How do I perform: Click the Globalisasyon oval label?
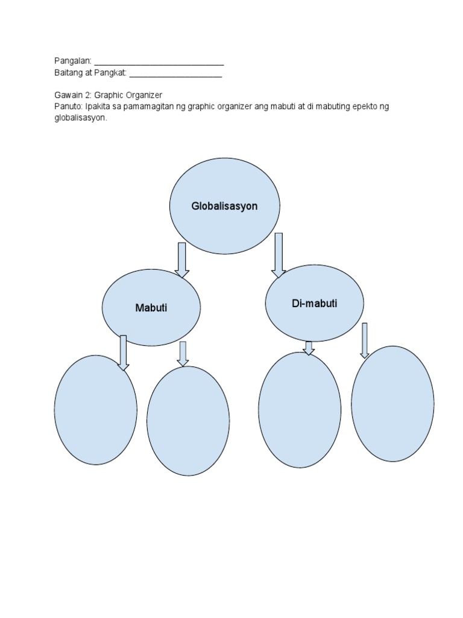click(x=224, y=206)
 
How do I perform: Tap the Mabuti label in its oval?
click(x=151, y=308)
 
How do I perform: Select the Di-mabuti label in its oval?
click(x=314, y=304)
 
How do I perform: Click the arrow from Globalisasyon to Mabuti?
click(x=181, y=260)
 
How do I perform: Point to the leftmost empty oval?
click(x=95, y=410)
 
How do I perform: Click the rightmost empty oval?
click(x=392, y=404)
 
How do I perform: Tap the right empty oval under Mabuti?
click(x=187, y=421)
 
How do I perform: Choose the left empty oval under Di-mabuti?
click(x=300, y=410)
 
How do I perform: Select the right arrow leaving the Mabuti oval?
click(x=183, y=353)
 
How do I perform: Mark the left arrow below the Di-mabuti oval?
click(x=309, y=348)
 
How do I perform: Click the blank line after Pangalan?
click(x=159, y=63)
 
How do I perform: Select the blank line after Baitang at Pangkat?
click(x=175, y=75)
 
